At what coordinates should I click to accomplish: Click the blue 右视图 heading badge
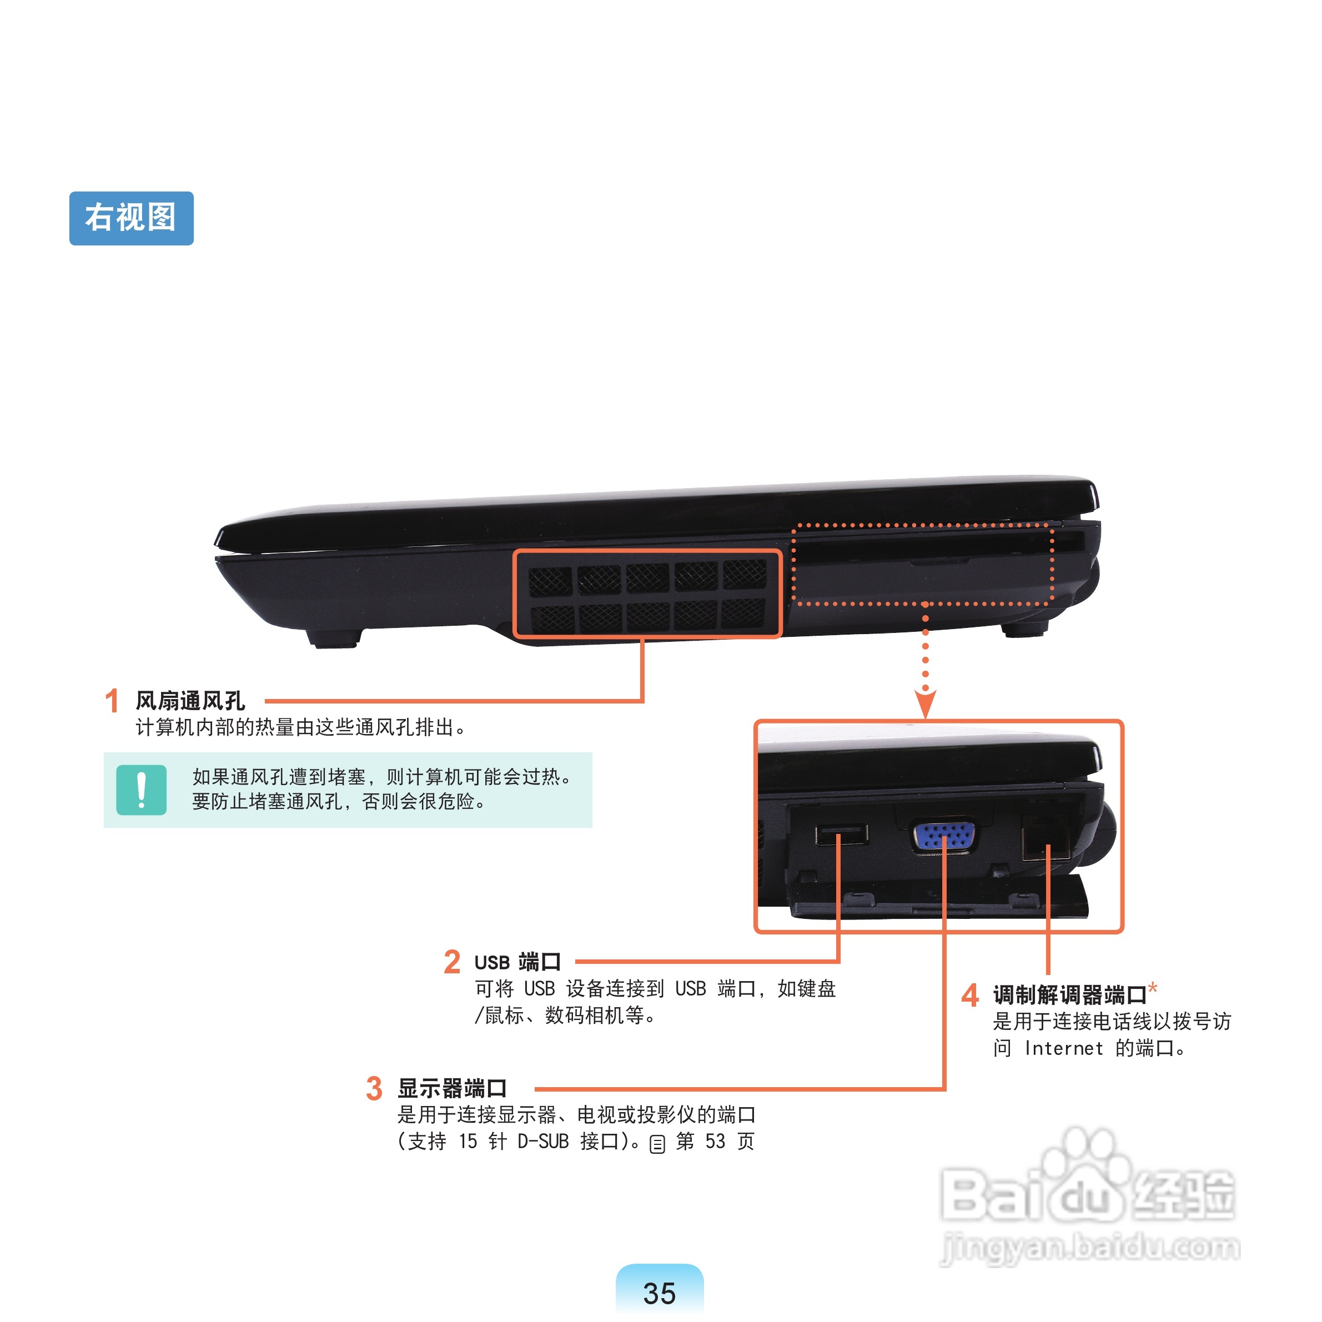tap(132, 218)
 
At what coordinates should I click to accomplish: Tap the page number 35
tap(659, 1293)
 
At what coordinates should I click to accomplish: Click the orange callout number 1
tap(112, 701)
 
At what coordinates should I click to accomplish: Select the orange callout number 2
tap(451, 962)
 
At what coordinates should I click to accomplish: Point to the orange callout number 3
tap(374, 1088)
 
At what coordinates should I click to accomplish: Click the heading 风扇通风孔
tap(190, 701)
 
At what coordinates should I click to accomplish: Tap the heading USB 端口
tap(517, 962)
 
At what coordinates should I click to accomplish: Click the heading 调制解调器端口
tap(1069, 995)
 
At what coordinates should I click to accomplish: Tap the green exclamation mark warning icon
tap(142, 790)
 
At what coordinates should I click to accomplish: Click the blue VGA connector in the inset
tap(945, 836)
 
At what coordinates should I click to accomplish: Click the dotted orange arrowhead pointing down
tap(925, 703)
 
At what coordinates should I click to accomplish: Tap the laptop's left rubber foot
tap(333, 638)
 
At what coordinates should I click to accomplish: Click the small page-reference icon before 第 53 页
tap(657, 1144)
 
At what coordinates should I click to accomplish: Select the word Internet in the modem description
tap(1063, 1048)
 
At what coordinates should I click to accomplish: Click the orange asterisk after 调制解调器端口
tap(1153, 987)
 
